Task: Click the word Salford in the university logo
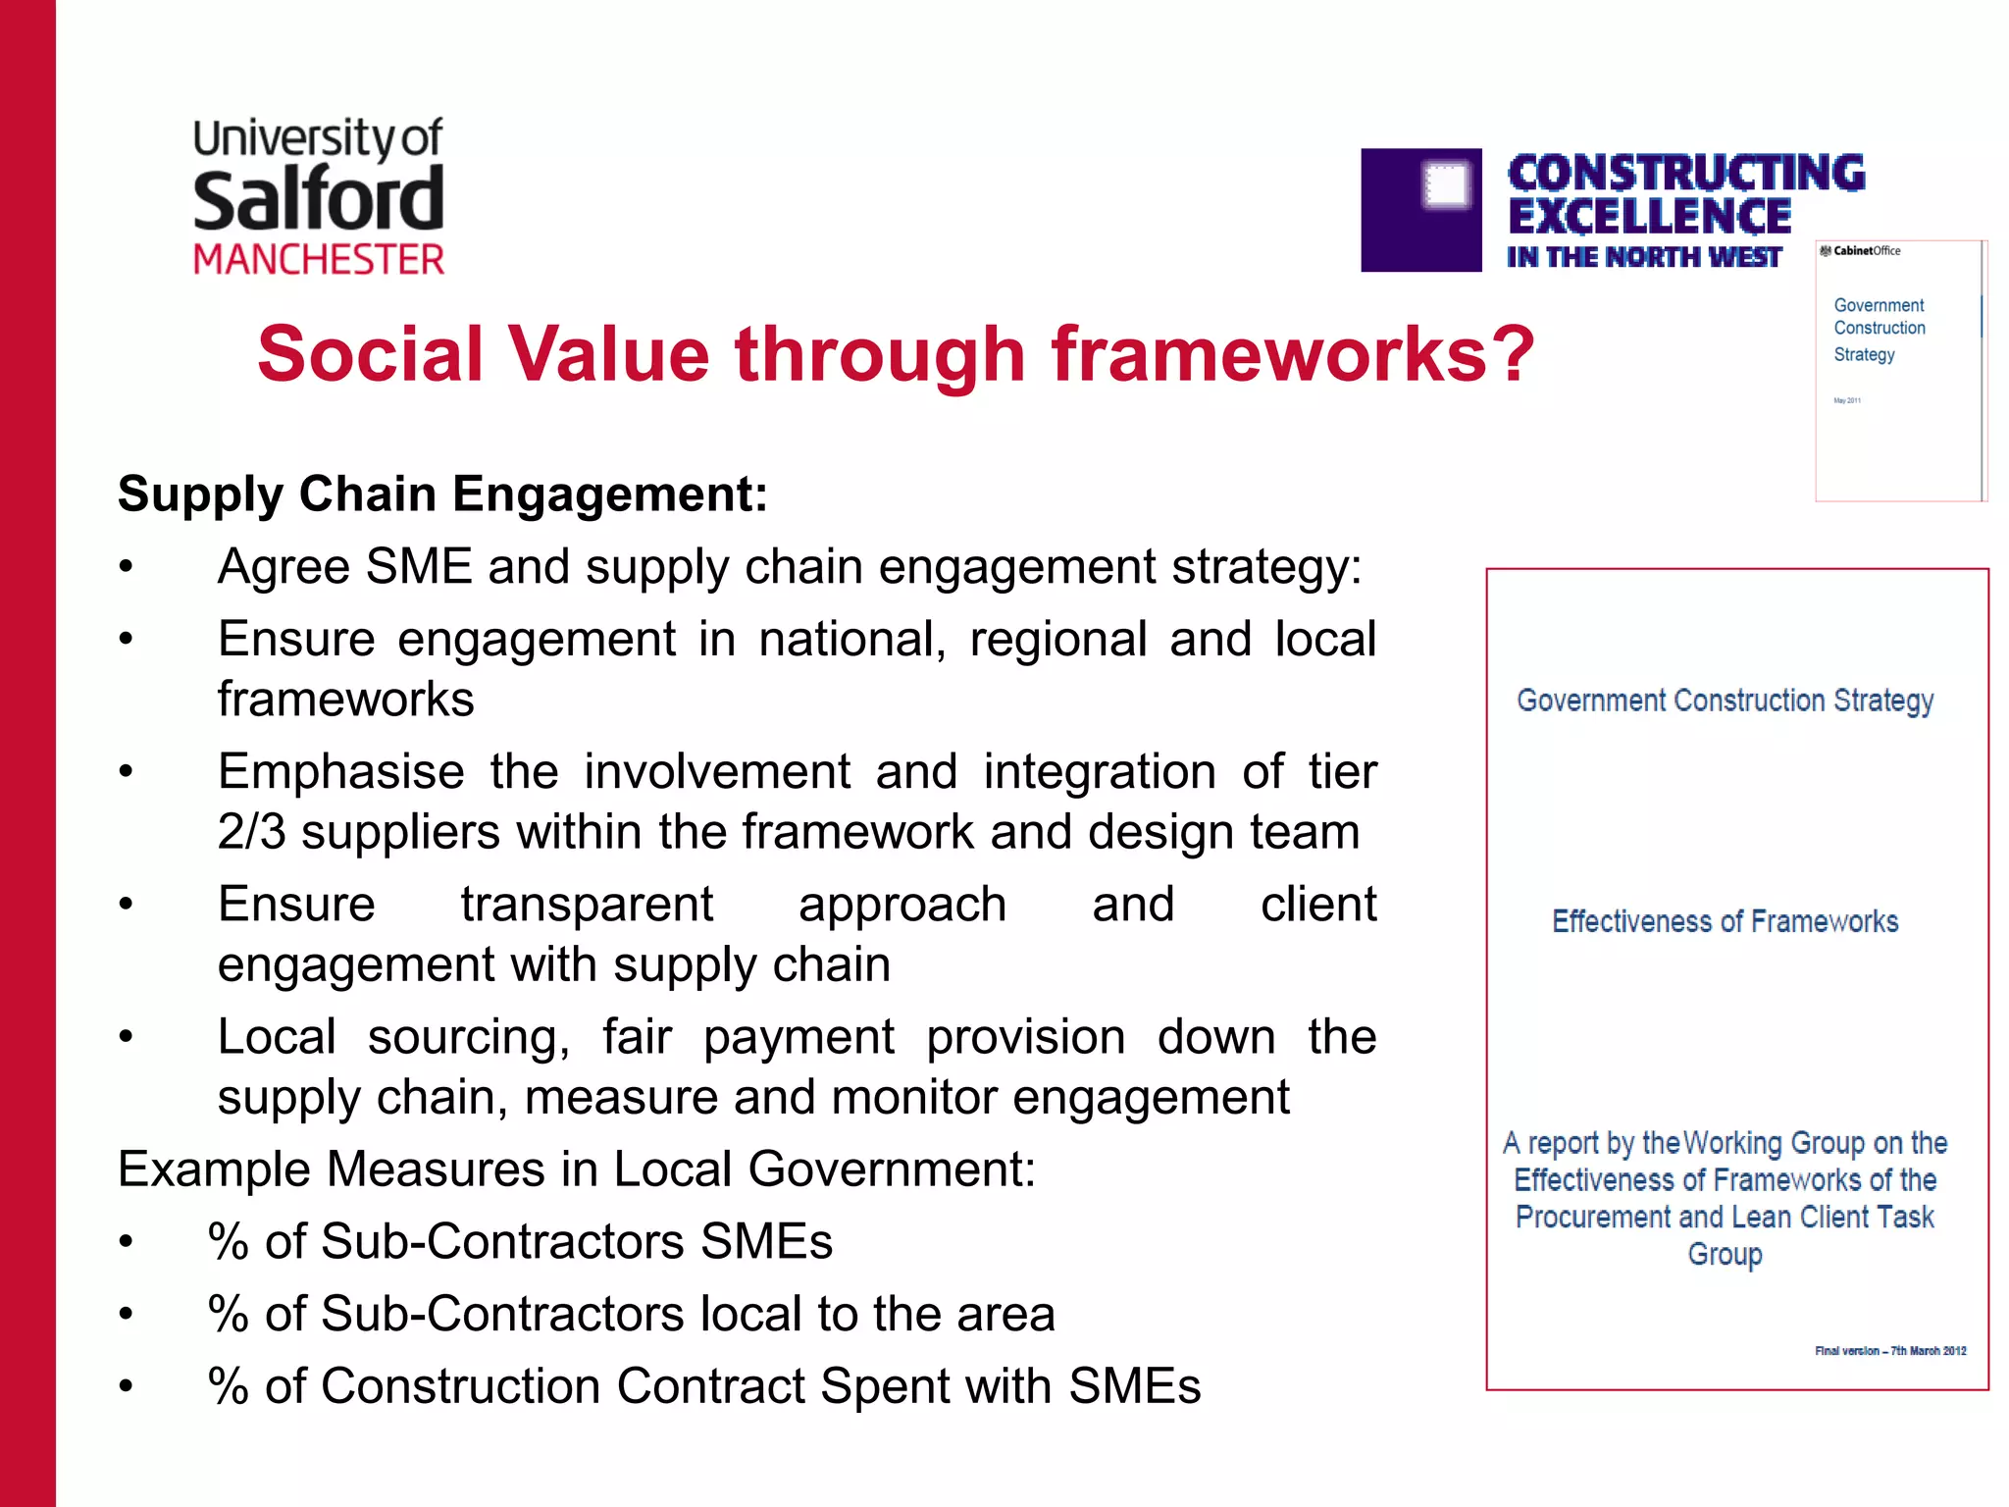(318, 199)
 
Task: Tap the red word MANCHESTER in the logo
(318, 260)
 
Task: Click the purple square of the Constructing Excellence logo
(1420, 210)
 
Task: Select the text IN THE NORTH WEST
(1643, 257)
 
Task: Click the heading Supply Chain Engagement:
(442, 494)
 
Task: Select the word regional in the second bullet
(1057, 640)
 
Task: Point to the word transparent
(587, 905)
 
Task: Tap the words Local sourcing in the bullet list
(392, 1037)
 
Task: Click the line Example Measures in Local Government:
(577, 1169)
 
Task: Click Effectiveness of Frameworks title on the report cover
(1725, 921)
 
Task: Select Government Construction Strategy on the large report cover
(1725, 701)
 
